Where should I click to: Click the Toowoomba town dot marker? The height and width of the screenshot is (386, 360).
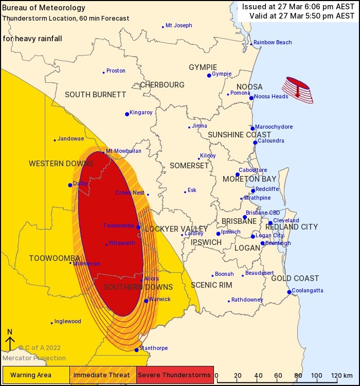tap(138, 226)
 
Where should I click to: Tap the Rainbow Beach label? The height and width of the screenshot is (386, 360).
tap(272, 42)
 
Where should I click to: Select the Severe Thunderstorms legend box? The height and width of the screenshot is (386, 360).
tap(175, 375)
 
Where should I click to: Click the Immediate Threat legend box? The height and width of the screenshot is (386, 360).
tap(102, 375)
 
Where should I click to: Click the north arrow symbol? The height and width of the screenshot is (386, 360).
tap(9, 341)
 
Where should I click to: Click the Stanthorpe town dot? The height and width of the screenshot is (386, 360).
tap(136, 350)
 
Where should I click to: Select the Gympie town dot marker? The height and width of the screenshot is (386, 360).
tap(209, 75)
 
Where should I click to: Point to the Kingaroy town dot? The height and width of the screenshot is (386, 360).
tap(127, 114)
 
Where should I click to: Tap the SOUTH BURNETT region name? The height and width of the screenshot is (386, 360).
tap(95, 95)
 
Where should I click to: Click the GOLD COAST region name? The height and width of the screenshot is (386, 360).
tap(295, 278)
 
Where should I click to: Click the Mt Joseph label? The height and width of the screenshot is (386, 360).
tap(179, 25)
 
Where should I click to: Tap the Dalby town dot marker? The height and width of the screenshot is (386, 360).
tap(70, 185)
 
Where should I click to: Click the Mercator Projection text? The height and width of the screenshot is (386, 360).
tap(34, 358)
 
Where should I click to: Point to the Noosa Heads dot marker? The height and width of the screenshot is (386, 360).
tap(251, 98)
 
